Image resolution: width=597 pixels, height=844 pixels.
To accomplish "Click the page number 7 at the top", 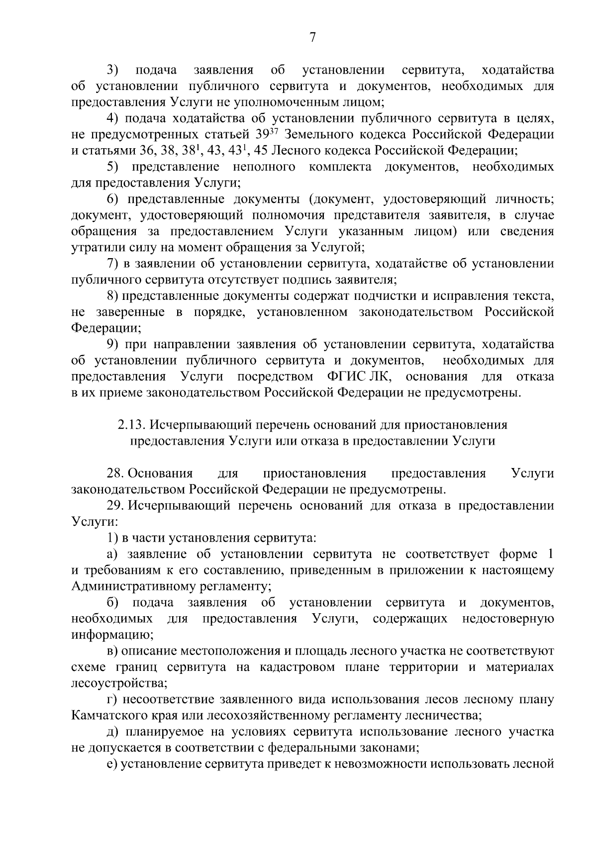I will (312, 38).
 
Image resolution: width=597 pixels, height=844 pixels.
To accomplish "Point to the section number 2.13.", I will (132, 425).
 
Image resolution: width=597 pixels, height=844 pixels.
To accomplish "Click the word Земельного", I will (325, 134).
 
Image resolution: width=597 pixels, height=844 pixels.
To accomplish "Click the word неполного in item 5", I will (263, 167).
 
